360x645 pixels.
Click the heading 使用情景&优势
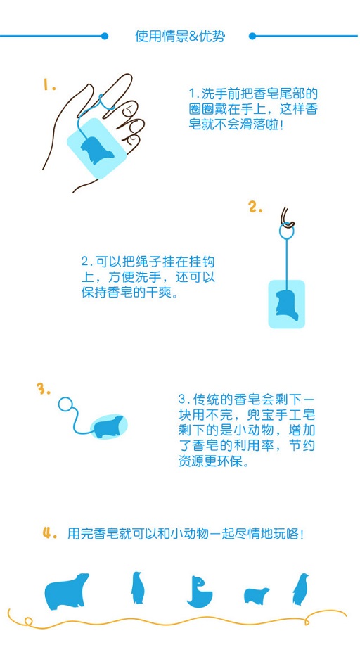(x=180, y=36)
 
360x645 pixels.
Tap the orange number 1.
(x=49, y=85)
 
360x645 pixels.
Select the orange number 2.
(x=255, y=207)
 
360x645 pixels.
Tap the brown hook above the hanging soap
(x=286, y=217)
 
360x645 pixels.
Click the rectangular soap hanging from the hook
(x=286, y=304)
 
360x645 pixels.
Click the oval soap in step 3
(x=109, y=426)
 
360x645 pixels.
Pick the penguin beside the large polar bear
(x=137, y=587)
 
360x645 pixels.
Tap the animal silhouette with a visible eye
(x=200, y=592)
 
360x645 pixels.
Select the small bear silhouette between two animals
(x=256, y=595)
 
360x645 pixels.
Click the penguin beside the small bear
(x=300, y=589)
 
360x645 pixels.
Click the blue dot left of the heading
(x=105, y=36)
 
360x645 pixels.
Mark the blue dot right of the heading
(x=252, y=36)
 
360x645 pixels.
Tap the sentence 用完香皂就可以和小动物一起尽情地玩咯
(x=186, y=534)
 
